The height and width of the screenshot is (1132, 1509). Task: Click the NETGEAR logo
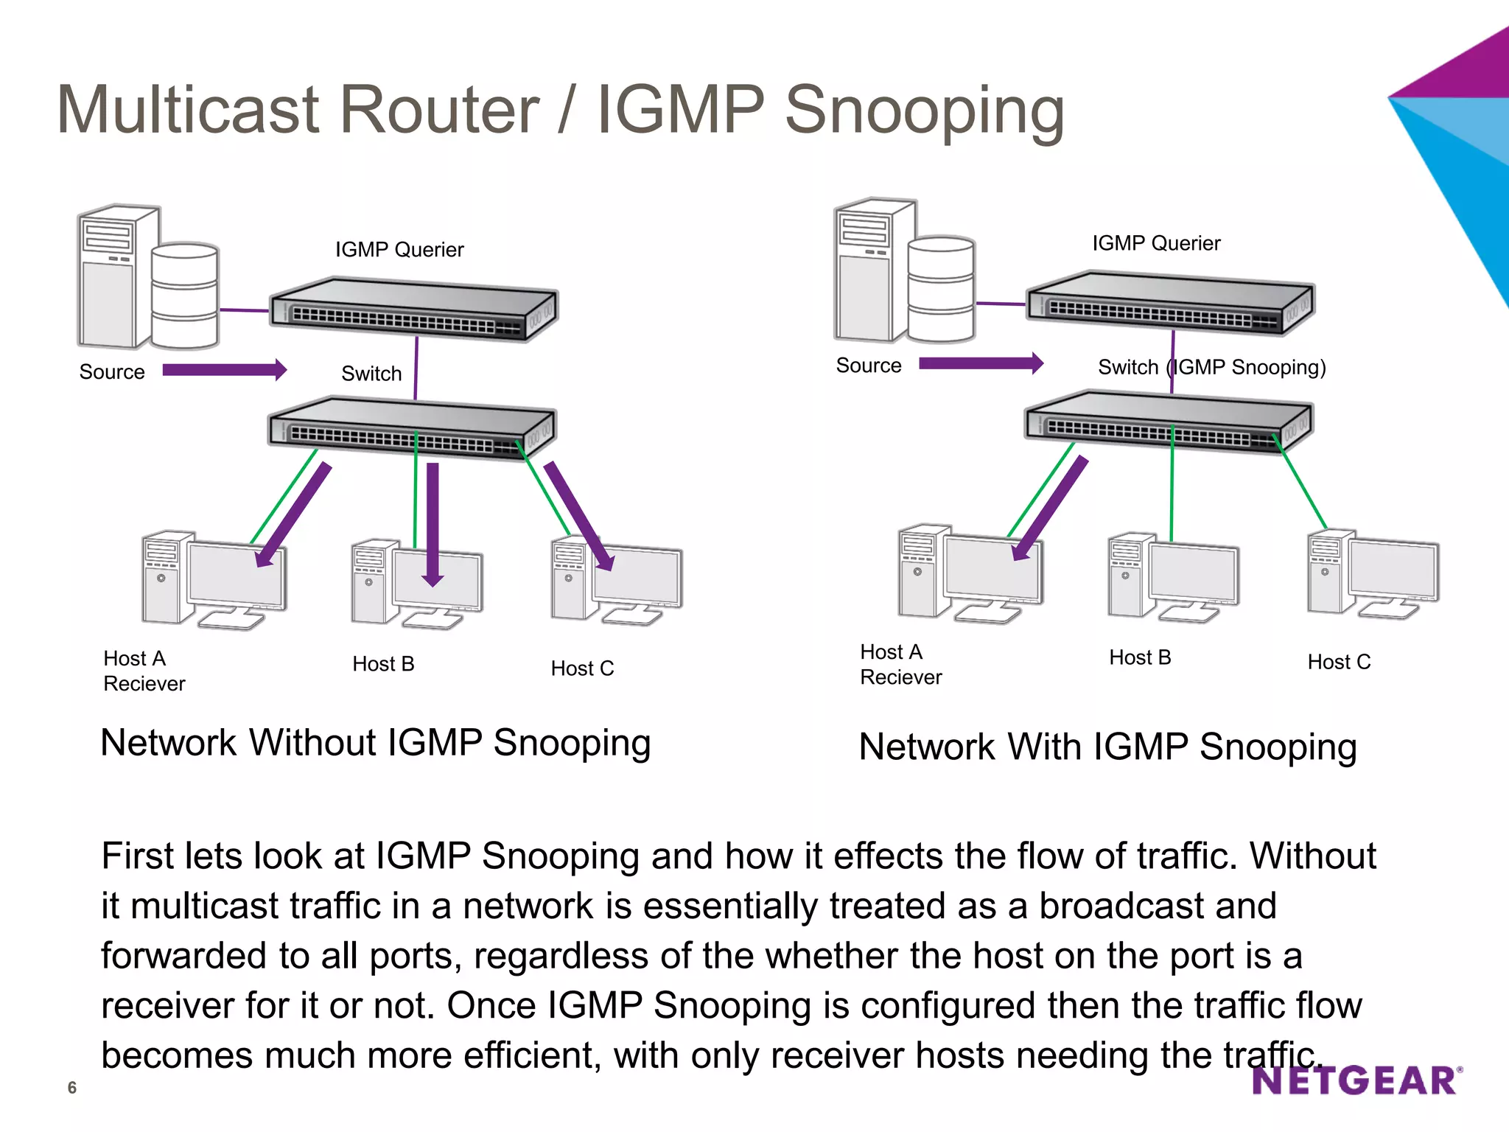[x=1354, y=1081]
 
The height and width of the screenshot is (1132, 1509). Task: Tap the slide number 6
[x=71, y=1088]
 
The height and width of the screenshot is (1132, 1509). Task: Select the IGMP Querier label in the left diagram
[x=399, y=250]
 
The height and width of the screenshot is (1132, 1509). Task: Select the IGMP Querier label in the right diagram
[x=1156, y=243]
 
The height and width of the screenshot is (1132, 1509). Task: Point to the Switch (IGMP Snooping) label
[x=1212, y=367]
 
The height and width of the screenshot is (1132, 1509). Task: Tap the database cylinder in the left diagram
[x=184, y=295]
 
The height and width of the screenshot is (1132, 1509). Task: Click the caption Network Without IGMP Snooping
[x=376, y=743]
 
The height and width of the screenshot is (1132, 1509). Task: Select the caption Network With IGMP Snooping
[x=1107, y=747]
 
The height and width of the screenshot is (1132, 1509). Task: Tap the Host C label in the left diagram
[x=582, y=668]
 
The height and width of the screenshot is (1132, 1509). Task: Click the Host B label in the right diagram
[x=1140, y=657]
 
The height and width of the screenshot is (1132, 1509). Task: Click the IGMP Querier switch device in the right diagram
[x=1170, y=304]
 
